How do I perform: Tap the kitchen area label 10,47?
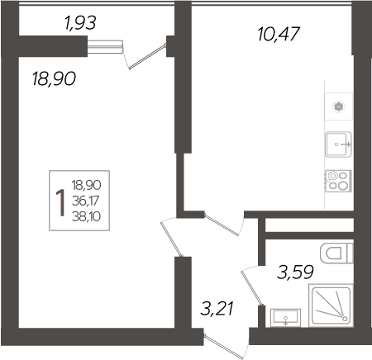pyautogui.click(x=277, y=35)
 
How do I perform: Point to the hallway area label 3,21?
pyautogui.click(x=217, y=310)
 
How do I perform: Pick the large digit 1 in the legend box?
pyautogui.click(x=60, y=200)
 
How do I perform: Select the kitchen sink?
pyautogui.click(x=339, y=145)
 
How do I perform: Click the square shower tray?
pyautogui.click(x=331, y=306)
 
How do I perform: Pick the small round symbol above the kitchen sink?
pyautogui.click(x=339, y=106)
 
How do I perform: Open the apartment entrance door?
pyautogui.click(x=226, y=341)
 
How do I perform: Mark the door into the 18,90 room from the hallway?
pyautogui.click(x=173, y=239)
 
